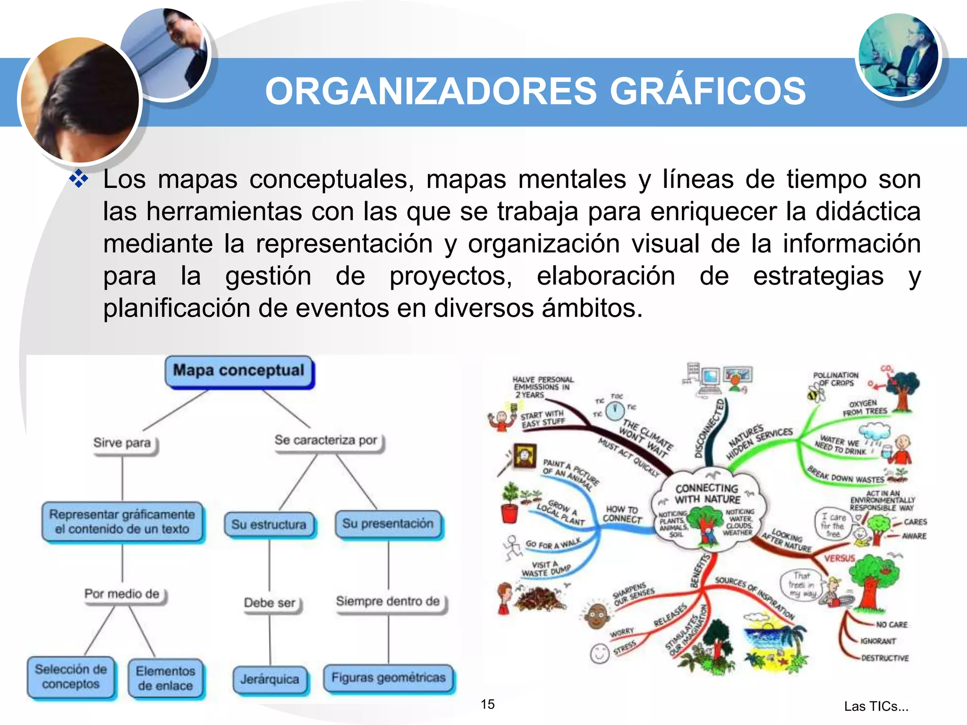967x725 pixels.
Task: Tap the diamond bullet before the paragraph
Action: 78,179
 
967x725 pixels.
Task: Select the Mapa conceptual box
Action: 239,371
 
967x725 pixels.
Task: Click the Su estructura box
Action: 269,524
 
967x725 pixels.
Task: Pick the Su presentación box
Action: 388,523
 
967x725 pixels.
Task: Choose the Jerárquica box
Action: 270,679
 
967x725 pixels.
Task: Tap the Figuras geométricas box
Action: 388,678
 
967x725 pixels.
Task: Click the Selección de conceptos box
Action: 71,677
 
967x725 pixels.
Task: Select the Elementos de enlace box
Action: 165,678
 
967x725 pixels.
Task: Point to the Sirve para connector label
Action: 122,443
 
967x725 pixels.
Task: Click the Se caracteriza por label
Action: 326,440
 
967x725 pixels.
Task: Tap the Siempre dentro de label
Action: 388,601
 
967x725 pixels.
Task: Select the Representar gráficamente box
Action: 122,522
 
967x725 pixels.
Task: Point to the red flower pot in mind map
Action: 509,512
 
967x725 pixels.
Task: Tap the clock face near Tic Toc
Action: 615,411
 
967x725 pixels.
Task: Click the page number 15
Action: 487,704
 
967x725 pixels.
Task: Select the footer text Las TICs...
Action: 876,706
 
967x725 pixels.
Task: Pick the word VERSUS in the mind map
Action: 840,558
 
